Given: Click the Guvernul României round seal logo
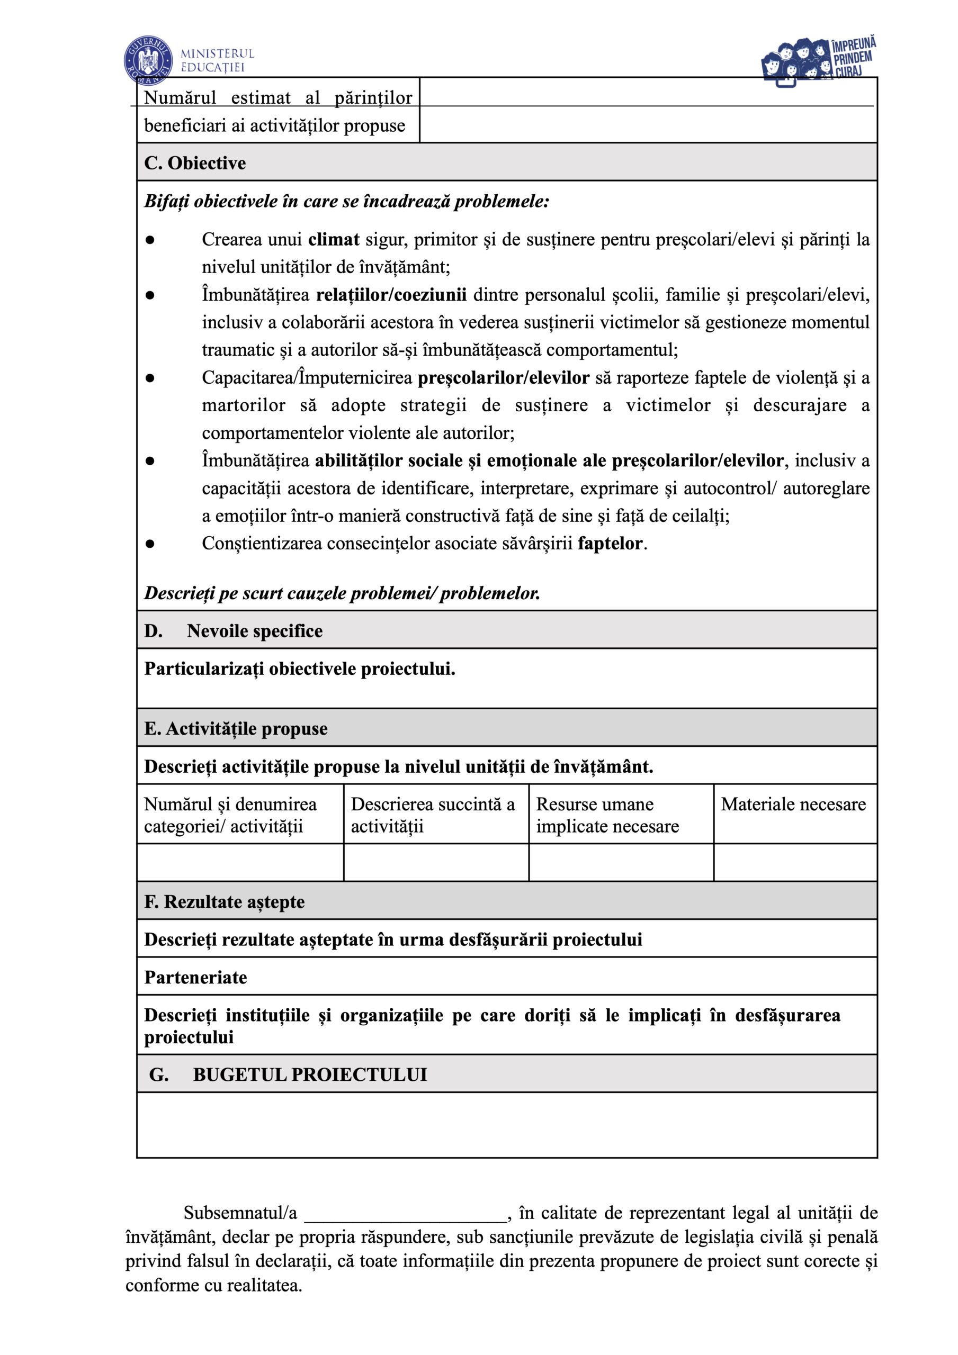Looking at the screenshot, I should point(148,60).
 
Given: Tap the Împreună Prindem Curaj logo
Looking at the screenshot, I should point(818,61).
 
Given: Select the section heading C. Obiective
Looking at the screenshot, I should point(195,163).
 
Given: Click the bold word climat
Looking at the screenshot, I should point(334,239).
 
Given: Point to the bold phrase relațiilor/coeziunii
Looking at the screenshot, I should point(391,294).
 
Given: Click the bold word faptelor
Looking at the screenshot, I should point(610,543).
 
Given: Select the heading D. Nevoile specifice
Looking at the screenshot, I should point(234,631).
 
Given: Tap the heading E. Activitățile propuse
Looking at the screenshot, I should point(236,729).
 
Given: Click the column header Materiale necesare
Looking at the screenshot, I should point(793,805).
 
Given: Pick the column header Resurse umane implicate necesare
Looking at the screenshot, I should point(607,815).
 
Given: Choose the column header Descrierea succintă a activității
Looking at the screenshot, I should point(432,815).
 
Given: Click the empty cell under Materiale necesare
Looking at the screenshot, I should point(795,862).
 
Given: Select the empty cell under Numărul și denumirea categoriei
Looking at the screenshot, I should point(240,862).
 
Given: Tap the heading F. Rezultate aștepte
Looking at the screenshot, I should point(225,902).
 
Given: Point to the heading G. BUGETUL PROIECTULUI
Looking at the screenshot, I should point(288,1074).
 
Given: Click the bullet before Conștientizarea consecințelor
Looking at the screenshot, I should point(150,544).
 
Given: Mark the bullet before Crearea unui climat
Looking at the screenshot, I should point(150,240).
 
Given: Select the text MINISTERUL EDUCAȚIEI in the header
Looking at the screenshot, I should point(217,60).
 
